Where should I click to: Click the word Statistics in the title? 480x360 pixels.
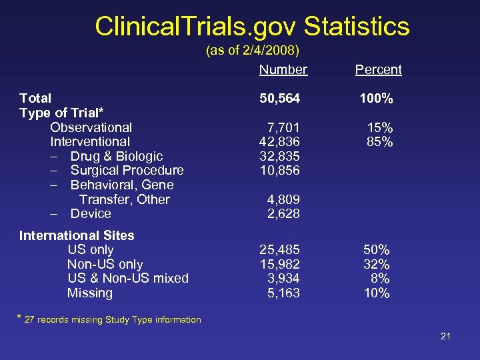[357, 27]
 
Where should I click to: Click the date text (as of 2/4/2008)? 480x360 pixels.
[253, 51]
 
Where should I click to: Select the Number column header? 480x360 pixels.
[283, 69]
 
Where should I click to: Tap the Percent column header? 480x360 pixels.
[378, 69]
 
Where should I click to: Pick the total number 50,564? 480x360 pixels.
[279, 99]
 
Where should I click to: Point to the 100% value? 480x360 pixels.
[376, 99]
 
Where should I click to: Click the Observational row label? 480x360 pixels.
[91, 127]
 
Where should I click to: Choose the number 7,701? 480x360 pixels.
[283, 127]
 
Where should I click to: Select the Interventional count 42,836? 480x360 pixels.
[279, 142]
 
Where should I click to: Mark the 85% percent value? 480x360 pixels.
[379, 142]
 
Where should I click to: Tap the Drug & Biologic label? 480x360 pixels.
[116, 156]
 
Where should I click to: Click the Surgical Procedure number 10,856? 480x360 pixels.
[279, 171]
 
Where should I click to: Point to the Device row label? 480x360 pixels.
[91, 214]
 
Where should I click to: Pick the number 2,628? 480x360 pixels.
[283, 214]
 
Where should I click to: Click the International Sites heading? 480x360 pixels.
[77, 235]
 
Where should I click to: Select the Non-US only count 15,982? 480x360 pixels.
[279, 264]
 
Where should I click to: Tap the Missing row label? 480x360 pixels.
[90, 293]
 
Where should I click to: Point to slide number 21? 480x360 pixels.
[445, 336]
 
